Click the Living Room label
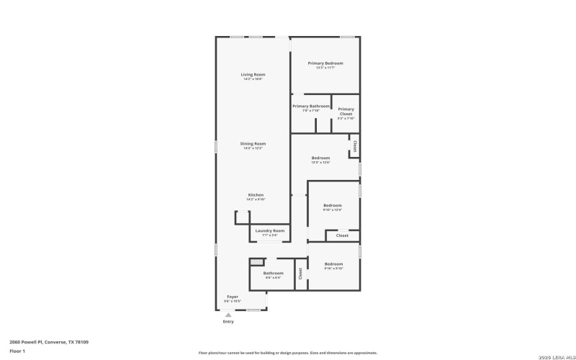pyautogui.click(x=253, y=75)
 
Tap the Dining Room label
pyautogui.click(x=253, y=143)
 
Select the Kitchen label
pyautogui.click(x=256, y=194)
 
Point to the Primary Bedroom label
pyautogui.click(x=325, y=63)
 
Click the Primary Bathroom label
pyautogui.click(x=311, y=106)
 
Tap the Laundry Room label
pyautogui.click(x=270, y=230)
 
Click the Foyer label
pyautogui.click(x=233, y=297)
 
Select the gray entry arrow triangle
pyautogui.click(x=228, y=315)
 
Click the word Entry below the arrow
pyautogui.click(x=228, y=322)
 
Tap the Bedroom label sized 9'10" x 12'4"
pyautogui.click(x=332, y=205)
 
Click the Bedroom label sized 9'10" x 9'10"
pyautogui.click(x=333, y=264)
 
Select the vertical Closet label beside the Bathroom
pyautogui.click(x=300, y=274)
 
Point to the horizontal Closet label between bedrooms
pyautogui.click(x=342, y=235)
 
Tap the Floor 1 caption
pyautogui.click(x=17, y=351)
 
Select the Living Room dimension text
pyautogui.click(x=253, y=79)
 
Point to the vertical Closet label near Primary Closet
pyautogui.click(x=354, y=146)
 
